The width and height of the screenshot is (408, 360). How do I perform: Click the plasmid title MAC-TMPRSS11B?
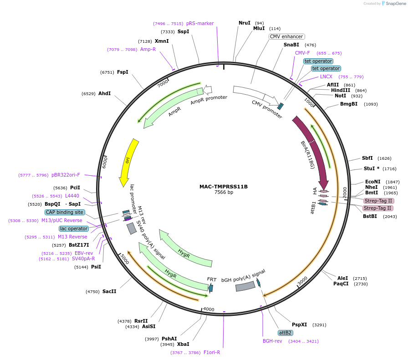[x=223, y=187]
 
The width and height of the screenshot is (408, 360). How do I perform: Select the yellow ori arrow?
[x=129, y=159]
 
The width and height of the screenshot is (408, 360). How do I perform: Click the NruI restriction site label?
[x=245, y=23]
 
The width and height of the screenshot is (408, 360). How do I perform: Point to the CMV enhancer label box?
[x=286, y=36]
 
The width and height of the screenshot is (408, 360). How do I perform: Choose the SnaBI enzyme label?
[x=291, y=45]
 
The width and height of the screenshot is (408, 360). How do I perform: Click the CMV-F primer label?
[x=302, y=53]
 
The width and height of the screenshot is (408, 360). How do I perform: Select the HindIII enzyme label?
[x=341, y=90]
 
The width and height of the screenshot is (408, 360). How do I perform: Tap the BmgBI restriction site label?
[x=349, y=104]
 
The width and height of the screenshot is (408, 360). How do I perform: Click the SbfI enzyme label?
[x=367, y=158]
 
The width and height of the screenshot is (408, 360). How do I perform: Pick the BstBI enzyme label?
[x=370, y=216]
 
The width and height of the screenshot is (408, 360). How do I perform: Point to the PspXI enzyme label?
[x=299, y=325]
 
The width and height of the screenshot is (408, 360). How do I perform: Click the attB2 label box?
[x=285, y=333]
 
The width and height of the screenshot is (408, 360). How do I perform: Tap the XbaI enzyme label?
[x=183, y=344]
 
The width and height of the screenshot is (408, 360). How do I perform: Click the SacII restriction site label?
[x=109, y=291]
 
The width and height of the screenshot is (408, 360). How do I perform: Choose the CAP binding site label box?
[x=65, y=212]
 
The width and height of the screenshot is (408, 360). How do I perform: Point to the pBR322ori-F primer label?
[x=66, y=175]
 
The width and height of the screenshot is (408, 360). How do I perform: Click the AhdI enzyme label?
[x=104, y=93]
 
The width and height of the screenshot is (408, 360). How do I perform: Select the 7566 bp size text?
[x=224, y=193]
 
